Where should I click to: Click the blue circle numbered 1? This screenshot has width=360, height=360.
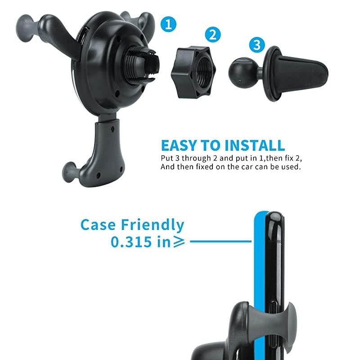click(169, 24)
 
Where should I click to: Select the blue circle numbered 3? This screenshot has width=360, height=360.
click(256, 45)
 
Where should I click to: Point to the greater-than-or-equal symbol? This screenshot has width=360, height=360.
click(179, 243)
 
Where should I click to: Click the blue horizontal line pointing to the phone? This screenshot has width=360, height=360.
click(220, 242)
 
